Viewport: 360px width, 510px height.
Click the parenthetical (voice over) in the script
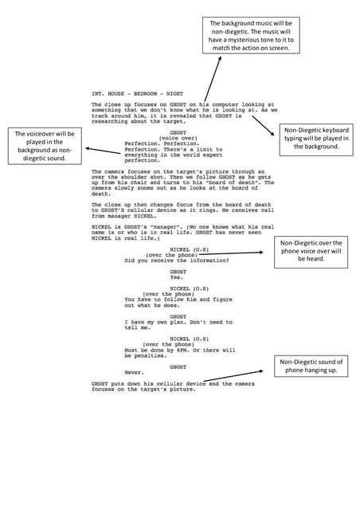click(178, 138)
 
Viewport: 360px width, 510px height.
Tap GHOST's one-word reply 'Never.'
click(133, 373)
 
